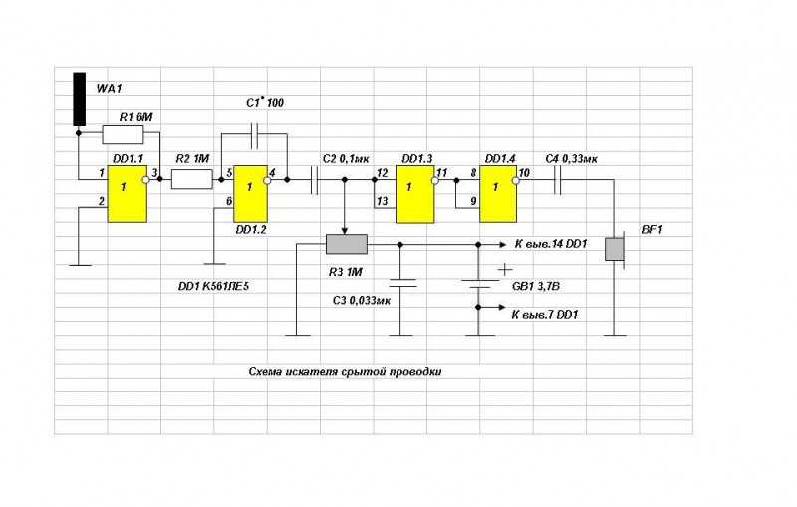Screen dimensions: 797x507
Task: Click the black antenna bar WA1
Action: click(80, 99)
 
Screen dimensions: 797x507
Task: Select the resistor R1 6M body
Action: click(123, 134)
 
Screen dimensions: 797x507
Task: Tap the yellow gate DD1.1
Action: click(128, 194)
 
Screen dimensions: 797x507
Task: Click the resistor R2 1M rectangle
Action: click(191, 179)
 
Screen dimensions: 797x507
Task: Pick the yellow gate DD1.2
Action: click(250, 194)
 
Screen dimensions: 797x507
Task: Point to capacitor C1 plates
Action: click(255, 134)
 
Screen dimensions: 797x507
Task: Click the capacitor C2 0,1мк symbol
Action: click(314, 180)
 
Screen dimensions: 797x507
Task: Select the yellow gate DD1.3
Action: click(415, 194)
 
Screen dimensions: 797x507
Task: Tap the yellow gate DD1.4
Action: click(499, 194)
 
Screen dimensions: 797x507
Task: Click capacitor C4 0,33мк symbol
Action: click(557, 180)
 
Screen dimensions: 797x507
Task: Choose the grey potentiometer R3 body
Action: click(346, 244)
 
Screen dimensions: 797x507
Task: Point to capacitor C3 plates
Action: click(400, 283)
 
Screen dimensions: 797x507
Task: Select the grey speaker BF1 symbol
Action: click(616, 249)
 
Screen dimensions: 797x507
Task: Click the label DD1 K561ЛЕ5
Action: click(213, 286)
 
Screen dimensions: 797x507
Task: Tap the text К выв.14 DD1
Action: click(551, 244)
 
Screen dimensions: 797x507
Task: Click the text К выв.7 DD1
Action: click(544, 315)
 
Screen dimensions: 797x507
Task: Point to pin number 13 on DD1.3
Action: click(383, 201)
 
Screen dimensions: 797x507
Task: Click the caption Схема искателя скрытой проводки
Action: click(345, 371)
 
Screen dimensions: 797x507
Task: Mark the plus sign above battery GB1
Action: click(505, 269)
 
